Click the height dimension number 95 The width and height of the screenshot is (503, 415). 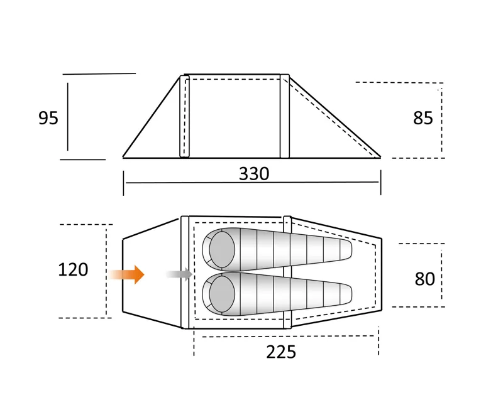48,118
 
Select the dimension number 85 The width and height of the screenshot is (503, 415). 423,118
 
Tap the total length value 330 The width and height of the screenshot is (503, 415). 254,174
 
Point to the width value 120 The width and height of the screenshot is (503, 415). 73,270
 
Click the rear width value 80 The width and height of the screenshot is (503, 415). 425,279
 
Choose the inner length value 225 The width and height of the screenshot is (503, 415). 281,352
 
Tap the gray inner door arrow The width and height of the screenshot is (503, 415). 180,274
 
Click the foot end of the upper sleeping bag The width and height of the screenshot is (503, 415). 345,249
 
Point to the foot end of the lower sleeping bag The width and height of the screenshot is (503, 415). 345,294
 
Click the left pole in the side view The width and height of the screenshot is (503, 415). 184,116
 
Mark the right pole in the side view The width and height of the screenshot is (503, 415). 285,116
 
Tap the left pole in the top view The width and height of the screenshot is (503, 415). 185,272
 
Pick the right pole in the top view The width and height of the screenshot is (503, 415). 287,272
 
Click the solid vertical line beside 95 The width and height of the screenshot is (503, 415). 68,117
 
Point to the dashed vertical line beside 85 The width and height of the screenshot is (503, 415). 441,119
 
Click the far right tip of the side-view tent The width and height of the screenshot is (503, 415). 380,157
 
